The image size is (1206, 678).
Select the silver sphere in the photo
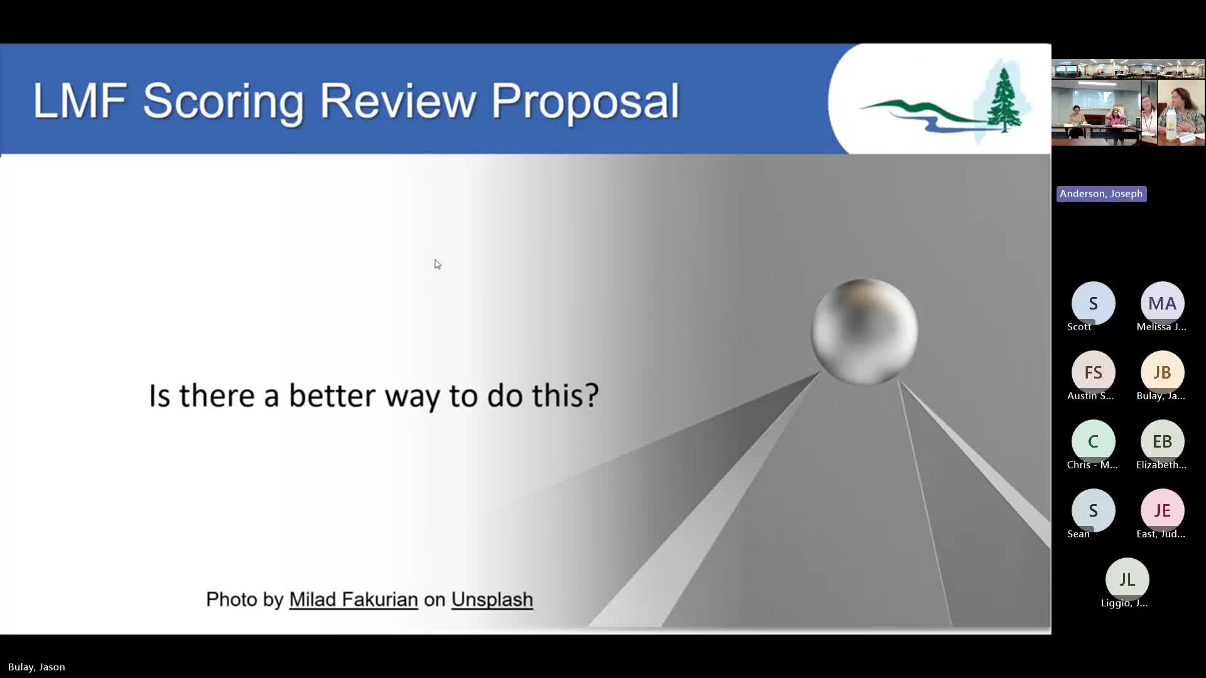(x=864, y=331)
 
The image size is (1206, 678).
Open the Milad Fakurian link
(x=354, y=600)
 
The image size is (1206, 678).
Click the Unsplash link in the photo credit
(x=492, y=600)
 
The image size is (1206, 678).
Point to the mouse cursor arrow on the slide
(x=438, y=264)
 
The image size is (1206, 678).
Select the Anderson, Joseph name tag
(x=1101, y=193)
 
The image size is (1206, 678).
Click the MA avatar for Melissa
(x=1162, y=303)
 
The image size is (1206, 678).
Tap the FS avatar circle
(x=1093, y=372)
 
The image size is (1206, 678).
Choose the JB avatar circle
(x=1162, y=372)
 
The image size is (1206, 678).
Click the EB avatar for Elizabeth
(x=1162, y=441)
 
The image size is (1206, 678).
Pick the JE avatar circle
(x=1162, y=510)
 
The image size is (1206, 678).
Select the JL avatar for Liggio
(x=1127, y=579)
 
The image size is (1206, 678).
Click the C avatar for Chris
(x=1093, y=441)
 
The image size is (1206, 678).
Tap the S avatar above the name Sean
(x=1093, y=510)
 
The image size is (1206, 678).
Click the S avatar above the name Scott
(x=1093, y=303)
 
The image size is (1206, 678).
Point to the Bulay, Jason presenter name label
(x=36, y=667)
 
